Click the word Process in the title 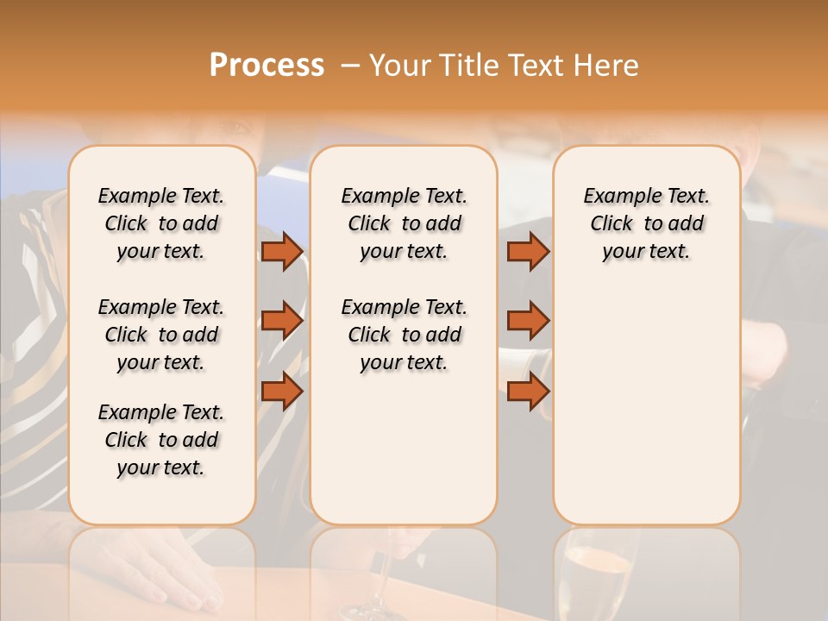click(267, 66)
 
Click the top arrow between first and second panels click(281, 252)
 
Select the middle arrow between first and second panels click(281, 321)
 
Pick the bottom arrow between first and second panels click(281, 391)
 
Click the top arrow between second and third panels click(528, 252)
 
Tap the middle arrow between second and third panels click(528, 321)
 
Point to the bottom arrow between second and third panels click(528, 391)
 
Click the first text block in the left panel click(161, 223)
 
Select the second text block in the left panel click(161, 335)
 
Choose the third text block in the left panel click(161, 440)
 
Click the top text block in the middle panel click(404, 223)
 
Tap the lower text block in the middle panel click(404, 335)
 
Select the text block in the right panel click(646, 223)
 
